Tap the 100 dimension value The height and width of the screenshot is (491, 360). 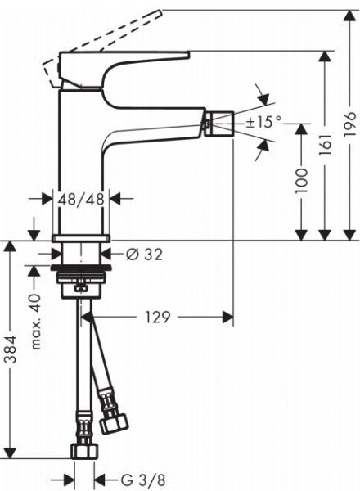302,181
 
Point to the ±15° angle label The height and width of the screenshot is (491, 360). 263,122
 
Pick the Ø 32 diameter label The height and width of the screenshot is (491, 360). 145,254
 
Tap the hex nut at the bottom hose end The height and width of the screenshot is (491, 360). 83,450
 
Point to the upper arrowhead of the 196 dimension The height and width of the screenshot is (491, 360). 349,14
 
